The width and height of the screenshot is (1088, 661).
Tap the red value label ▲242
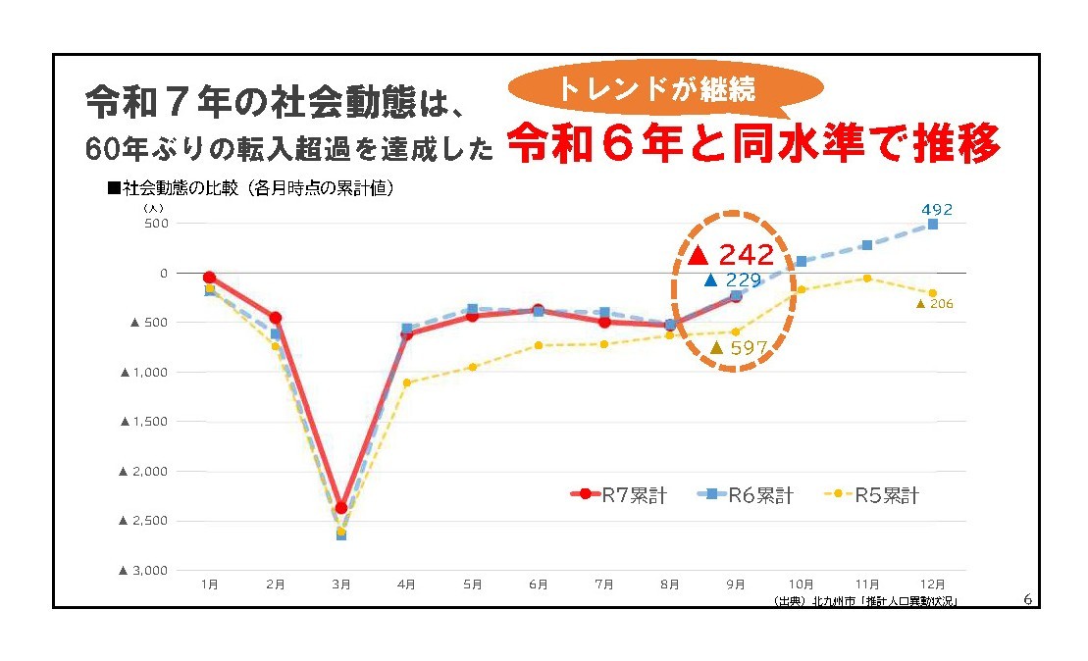(x=732, y=256)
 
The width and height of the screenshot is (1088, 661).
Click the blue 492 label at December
(x=936, y=209)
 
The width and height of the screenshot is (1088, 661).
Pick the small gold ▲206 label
(x=934, y=304)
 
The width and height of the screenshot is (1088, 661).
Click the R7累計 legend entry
(x=620, y=495)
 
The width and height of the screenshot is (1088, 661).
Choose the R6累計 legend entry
(x=747, y=495)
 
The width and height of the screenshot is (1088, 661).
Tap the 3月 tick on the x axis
(x=340, y=585)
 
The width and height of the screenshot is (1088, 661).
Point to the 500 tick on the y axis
(x=158, y=223)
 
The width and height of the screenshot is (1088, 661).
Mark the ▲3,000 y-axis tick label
(x=144, y=570)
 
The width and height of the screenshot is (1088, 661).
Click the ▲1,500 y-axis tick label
(x=144, y=421)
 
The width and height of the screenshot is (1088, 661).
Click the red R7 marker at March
(x=340, y=508)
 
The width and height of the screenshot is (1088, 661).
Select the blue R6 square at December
(x=932, y=225)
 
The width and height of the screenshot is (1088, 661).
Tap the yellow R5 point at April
(x=406, y=382)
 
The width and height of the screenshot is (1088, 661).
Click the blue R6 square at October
(x=801, y=261)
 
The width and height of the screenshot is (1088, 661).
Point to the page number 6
(x=1026, y=598)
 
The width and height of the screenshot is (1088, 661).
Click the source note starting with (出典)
(x=863, y=600)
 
